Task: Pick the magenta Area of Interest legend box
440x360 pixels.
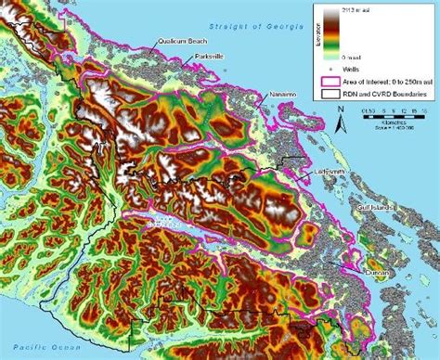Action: click(x=330, y=81)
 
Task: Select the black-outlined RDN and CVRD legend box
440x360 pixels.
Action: click(x=330, y=94)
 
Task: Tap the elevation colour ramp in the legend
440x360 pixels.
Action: click(x=330, y=32)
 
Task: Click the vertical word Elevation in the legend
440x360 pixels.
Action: click(x=318, y=32)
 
